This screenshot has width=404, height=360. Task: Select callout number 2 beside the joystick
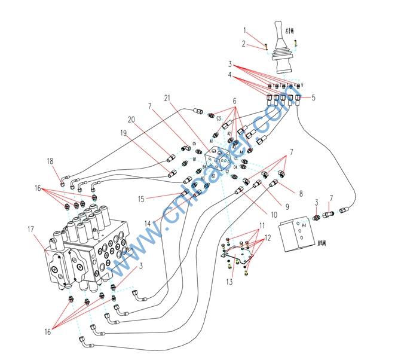click(244, 43)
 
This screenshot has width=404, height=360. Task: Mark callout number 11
click(261, 225)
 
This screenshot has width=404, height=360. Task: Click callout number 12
click(268, 237)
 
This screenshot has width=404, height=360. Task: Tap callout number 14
click(146, 223)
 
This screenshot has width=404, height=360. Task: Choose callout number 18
click(50, 160)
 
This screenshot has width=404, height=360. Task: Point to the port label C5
click(195, 144)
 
